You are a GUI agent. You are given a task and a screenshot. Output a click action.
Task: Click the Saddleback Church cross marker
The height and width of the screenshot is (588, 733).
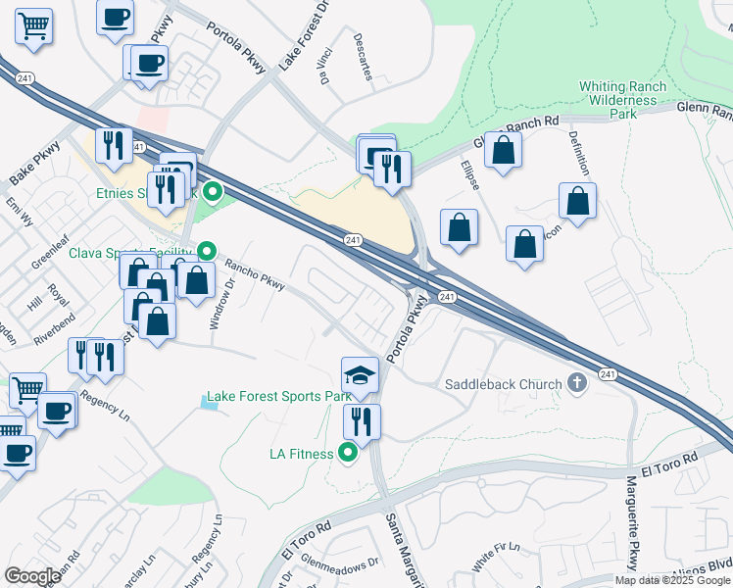pyautogui.click(x=577, y=383)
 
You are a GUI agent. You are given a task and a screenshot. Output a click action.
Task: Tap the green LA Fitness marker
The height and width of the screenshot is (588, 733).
pyautogui.click(x=348, y=453)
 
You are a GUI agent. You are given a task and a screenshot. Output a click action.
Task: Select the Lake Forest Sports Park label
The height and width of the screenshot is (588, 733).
pyautogui.click(x=277, y=397)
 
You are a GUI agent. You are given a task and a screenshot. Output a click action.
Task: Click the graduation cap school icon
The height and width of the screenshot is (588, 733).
pyautogui.click(x=360, y=375)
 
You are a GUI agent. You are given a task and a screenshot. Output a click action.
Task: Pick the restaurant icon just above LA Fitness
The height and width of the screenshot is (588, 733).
pyautogui.click(x=361, y=422)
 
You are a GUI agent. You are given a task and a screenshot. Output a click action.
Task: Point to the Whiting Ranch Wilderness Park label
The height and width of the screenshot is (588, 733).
pyautogui.click(x=622, y=100)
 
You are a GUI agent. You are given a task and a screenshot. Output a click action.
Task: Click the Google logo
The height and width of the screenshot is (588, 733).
pyautogui.click(x=32, y=576)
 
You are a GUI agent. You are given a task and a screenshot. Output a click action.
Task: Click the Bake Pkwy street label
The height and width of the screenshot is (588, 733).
pyautogui.click(x=34, y=164)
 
